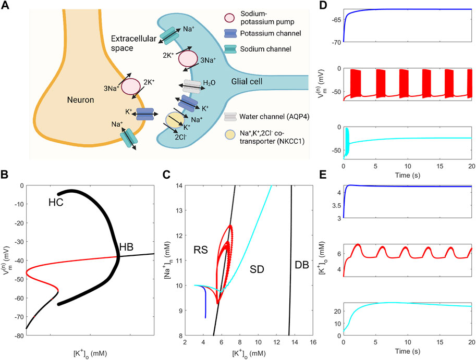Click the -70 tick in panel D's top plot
[x=334, y=42]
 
